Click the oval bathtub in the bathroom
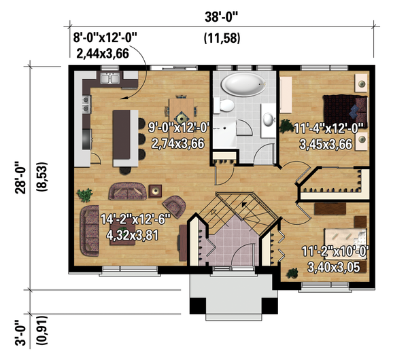coord(243,86)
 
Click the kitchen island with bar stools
coord(124,136)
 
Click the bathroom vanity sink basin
coord(268,120)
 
